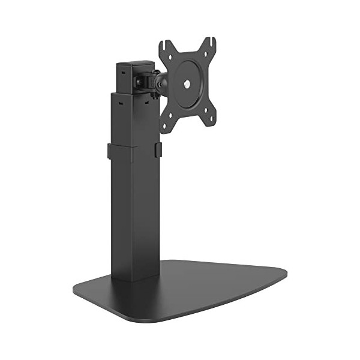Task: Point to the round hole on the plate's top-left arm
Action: (x=172, y=58)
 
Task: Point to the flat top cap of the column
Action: (x=132, y=62)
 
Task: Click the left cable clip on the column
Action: (x=111, y=151)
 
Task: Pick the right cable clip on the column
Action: (x=157, y=150)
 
